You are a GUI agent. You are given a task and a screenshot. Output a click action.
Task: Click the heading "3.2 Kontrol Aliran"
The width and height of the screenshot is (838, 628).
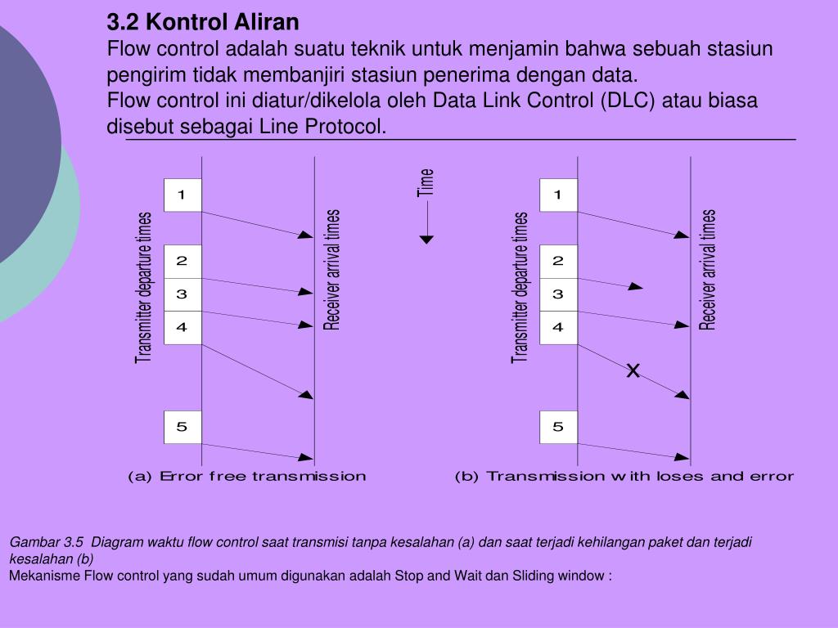click(x=203, y=20)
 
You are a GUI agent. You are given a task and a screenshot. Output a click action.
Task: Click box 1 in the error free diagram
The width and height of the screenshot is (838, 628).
click(x=182, y=195)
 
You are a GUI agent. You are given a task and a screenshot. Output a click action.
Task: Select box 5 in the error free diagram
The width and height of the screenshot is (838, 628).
click(x=182, y=426)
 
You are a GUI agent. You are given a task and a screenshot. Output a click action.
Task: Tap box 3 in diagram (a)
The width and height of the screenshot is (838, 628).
click(x=182, y=294)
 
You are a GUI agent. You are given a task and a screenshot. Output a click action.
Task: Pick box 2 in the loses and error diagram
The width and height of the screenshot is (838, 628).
click(x=558, y=261)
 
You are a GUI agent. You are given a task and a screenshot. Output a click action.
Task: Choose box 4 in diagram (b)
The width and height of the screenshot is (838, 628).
click(x=558, y=327)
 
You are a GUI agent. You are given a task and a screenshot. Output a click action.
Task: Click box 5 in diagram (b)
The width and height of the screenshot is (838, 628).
click(x=558, y=426)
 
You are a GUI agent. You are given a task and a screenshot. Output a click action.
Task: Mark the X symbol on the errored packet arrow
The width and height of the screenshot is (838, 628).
click(x=633, y=371)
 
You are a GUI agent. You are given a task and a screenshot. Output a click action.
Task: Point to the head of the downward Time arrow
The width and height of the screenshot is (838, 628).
click(x=426, y=239)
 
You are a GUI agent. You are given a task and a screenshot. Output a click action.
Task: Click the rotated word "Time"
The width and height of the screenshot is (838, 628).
click(x=426, y=182)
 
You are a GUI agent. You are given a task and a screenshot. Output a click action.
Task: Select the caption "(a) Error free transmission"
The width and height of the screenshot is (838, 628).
click(x=246, y=476)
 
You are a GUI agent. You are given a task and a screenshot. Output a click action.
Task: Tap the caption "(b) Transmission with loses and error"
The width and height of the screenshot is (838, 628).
click(x=624, y=476)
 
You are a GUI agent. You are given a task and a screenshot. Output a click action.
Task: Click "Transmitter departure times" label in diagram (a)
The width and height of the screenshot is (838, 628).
click(x=144, y=287)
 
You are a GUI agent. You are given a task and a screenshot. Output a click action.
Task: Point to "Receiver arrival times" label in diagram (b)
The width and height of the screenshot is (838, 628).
click(x=708, y=270)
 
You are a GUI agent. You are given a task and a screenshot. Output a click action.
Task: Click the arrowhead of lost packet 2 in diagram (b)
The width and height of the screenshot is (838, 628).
click(x=636, y=287)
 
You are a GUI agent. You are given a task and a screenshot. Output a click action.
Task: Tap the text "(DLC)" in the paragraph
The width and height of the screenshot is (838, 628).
click(x=626, y=101)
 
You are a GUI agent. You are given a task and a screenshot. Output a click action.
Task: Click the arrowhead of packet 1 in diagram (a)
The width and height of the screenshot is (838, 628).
click(x=306, y=235)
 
